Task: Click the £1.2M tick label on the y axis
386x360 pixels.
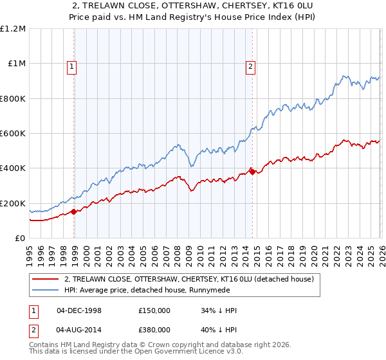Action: click(13, 29)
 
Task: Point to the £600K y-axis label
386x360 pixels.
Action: click(13, 134)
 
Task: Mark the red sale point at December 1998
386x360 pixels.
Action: click(74, 212)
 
